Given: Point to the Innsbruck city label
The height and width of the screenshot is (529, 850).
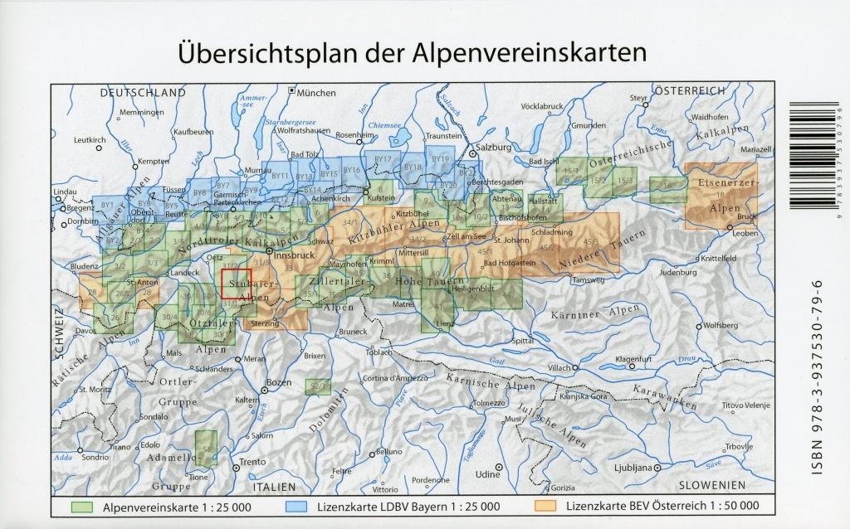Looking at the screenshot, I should pos(291,255).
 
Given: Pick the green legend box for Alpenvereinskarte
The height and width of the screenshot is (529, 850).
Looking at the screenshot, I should pos(82,505).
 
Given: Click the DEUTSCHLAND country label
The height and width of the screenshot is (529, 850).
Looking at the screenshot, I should pos(143,94).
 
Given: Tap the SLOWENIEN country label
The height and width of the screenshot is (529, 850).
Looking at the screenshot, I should pos(711,485).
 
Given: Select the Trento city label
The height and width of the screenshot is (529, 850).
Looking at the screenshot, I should pos(252,462).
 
